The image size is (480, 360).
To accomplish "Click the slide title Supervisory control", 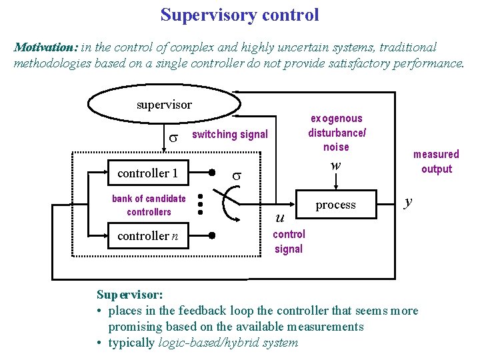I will [x=239, y=14].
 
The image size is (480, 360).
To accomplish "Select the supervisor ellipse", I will [x=164, y=105].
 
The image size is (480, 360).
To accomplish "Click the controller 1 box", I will [x=147, y=173].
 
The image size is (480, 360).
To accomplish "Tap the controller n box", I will [x=147, y=235].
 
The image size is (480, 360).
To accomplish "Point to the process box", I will [x=335, y=205].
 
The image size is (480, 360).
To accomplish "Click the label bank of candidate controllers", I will [x=149, y=205].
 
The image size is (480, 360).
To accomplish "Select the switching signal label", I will [x=229, y=135].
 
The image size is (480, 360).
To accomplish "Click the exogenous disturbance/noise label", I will [x=336, y=133].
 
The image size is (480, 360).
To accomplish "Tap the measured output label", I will [x=436, y=162].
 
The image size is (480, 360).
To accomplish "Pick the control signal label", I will [x=289, y=241].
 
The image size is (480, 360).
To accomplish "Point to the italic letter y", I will [x=409, y=201].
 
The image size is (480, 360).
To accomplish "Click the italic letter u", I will [x=280, y=217].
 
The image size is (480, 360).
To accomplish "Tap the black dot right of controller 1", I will [x=211, y=173].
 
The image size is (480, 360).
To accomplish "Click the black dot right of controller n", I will [x=211, y=235].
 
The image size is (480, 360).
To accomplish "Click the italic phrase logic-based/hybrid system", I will [x=229, y=343].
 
